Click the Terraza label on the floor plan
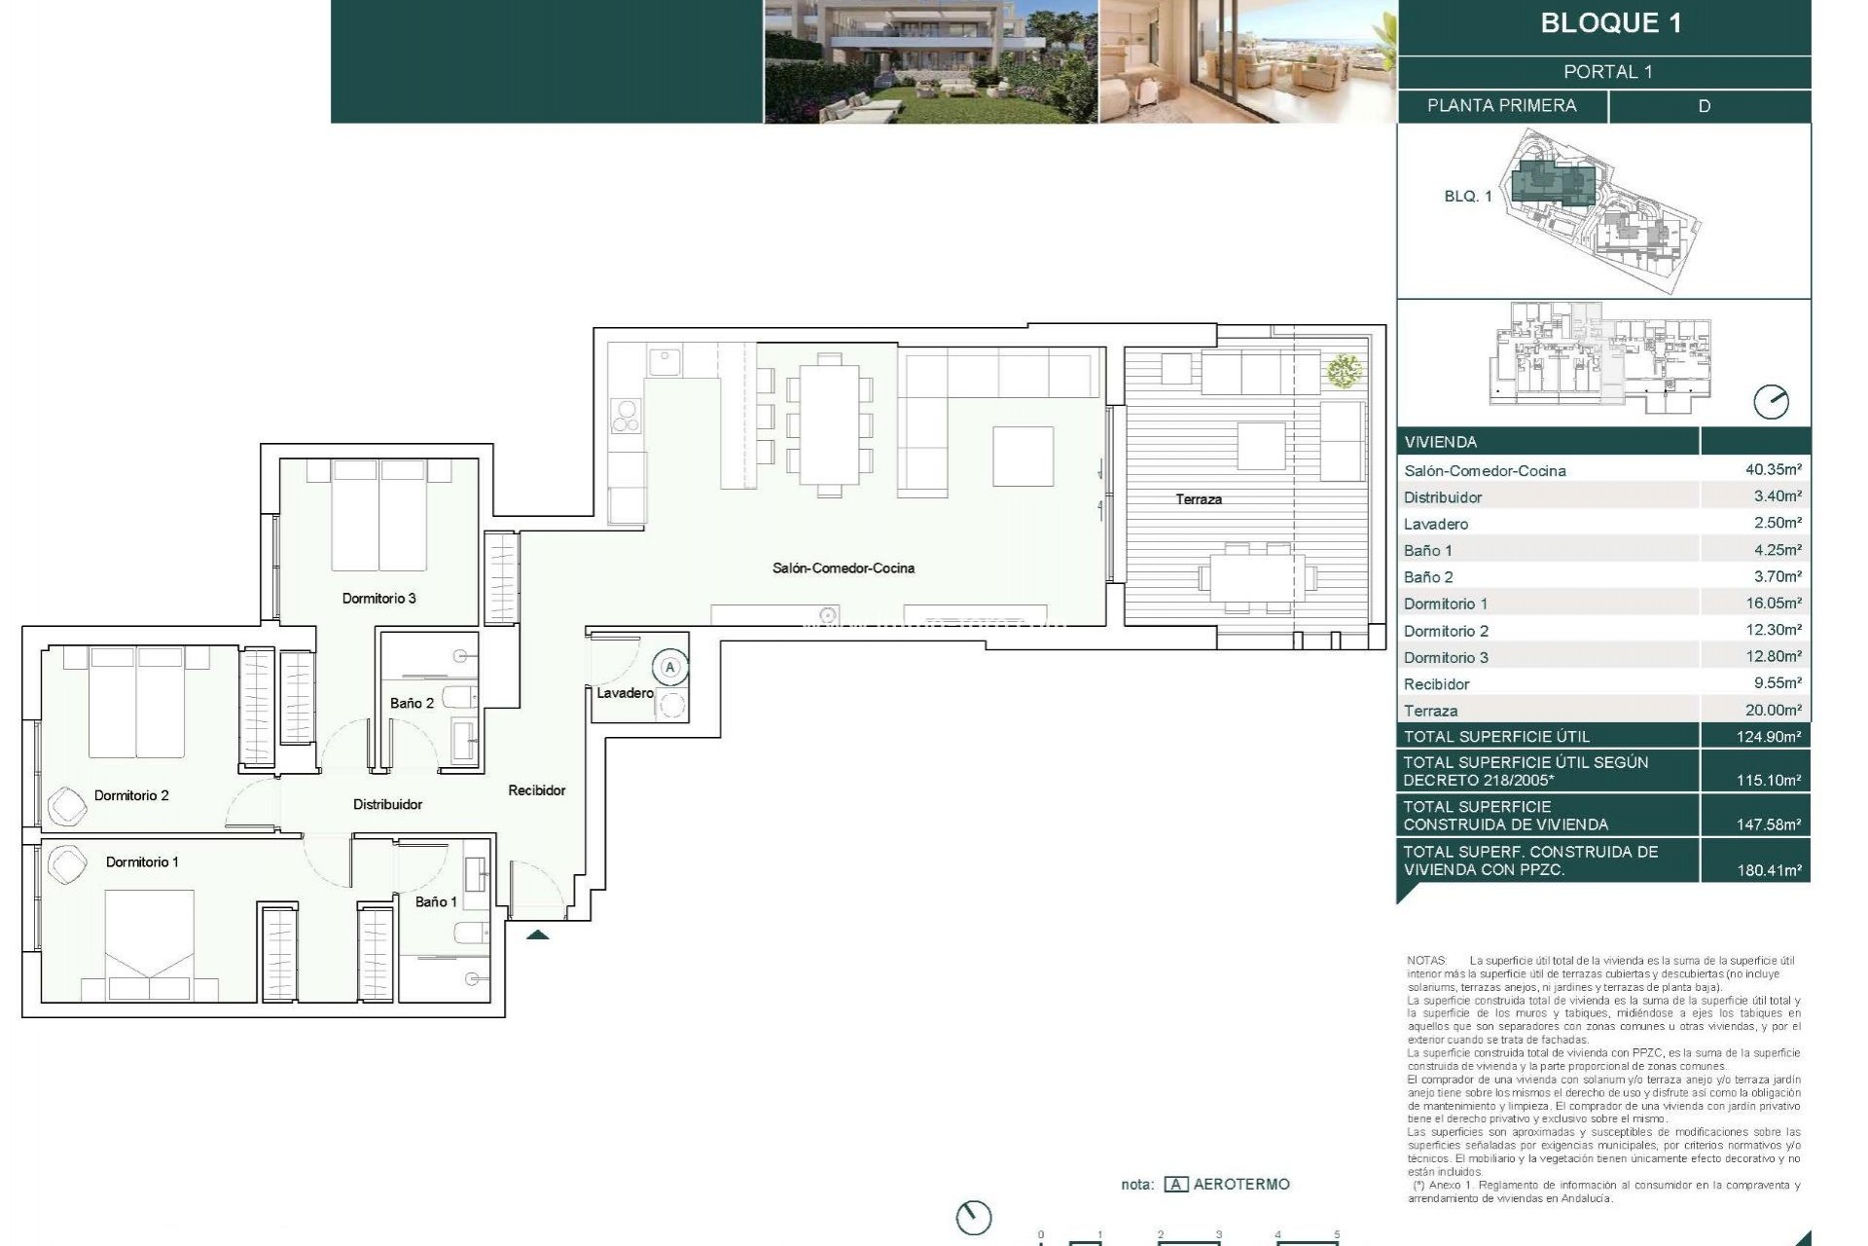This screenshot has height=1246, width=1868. coord(1198,499)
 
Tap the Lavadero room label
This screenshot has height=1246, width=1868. coord(625,693)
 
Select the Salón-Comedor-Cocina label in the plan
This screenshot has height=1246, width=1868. coord(843,568)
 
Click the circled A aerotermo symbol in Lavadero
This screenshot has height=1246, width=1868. coord(669,668)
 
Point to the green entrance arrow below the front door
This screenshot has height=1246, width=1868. coord(537,935)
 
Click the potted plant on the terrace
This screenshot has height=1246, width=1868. coord(1344,371)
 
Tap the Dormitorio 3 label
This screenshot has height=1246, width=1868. coord(378,598)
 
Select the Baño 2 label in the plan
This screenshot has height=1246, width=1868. coord(412,703)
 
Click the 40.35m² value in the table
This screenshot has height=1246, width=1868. coord(1773,469)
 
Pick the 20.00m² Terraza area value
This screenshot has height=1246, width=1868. coord(1773,710)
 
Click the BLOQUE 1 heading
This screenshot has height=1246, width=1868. coord(1610,23)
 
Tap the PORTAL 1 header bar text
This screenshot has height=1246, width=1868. coord(1607,72)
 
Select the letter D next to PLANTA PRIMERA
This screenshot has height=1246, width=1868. coord(1704,106)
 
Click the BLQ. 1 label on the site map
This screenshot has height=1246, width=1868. coord(1467,197)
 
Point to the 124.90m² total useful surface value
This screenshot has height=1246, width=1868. coord(1768,737)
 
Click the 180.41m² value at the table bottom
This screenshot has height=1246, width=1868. coord(1768,870)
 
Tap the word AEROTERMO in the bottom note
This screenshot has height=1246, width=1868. coord(1240,1185)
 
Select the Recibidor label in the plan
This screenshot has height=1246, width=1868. coord(536,790)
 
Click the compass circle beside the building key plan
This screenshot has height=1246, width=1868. coord(1771,402)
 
